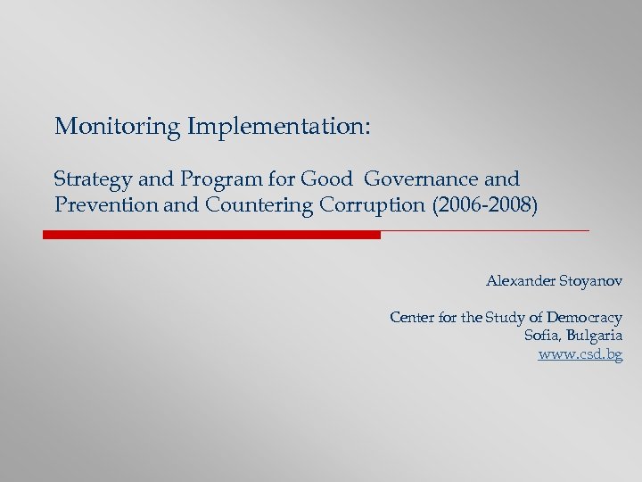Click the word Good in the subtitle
pyautogui.click(x=326, y=179)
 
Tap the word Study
pyautogui.click(x=507, y=318)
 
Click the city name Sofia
pyautogui.click(x=542, y=336)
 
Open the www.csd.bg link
pyautogui.click(x=580, y=354)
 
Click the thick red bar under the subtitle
pyautogui.click(x=212, y=235)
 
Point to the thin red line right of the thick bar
pyautogui.click(x=485, y=231)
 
